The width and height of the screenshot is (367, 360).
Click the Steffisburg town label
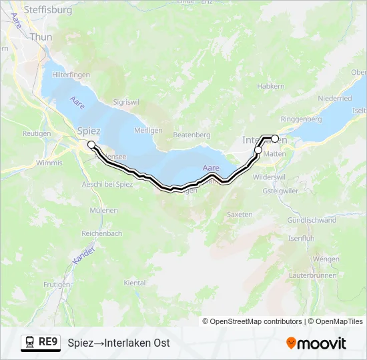pos(49,11)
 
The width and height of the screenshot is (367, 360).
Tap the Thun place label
pos(41,37)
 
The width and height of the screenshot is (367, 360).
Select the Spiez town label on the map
pos(89,131)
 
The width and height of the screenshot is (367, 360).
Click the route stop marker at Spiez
pos(91,144)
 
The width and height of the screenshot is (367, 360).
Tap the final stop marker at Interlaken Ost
pos(275,138)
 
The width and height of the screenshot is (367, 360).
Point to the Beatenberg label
pos(192,135)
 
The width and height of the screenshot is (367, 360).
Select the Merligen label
pos(148,130)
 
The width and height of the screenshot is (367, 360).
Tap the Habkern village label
pos(270,87)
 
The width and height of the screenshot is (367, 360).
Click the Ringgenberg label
pos(301,119)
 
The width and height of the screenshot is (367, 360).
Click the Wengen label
pos(326,259)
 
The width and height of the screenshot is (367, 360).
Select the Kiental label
pos(135,283)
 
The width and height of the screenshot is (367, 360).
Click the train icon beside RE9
pos(30,343)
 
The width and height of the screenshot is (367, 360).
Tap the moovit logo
pos(316,343)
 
